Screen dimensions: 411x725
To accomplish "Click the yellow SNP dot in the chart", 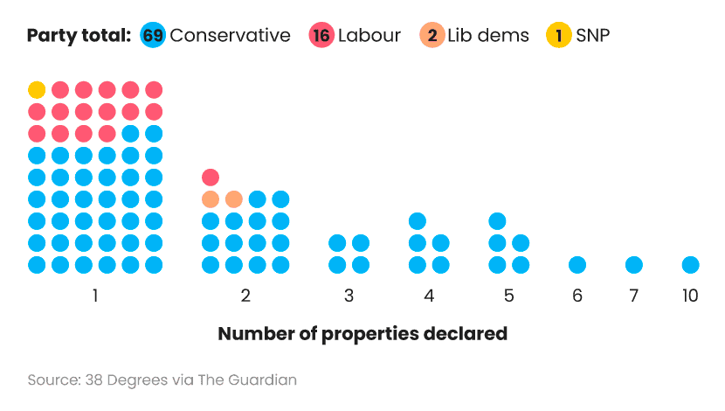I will tap(37, 89).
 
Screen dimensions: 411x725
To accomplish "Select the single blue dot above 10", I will tap(690, 264).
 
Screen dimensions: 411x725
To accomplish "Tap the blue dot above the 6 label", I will tap(577, 264).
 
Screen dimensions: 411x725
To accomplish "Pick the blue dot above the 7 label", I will tap(634, 264).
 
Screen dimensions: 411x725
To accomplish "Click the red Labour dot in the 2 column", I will tap(211, 177).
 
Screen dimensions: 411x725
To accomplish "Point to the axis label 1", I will tap(94, 296).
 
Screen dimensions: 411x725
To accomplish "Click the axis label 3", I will tap(349, 296).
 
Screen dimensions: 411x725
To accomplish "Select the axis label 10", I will tap(690, 296).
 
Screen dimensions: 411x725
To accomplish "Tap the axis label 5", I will tap(508, 296).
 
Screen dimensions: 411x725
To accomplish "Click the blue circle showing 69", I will tap(153, 36).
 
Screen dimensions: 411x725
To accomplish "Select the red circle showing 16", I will tap(321, 36).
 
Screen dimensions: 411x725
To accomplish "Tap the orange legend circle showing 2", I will tap(431, 36).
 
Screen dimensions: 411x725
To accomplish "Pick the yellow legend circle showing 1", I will tap(558, 36).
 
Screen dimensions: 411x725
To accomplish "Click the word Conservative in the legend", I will tap(230, 36).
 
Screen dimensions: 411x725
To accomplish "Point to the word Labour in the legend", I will tap(369, 36).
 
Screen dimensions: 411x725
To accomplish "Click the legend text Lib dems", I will tap(488, 36).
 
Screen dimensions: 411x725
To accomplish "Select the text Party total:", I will tap(79, 36).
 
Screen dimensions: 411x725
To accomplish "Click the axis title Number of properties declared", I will tap(362, 334).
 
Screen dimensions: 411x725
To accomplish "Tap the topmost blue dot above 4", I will tap(418, 220).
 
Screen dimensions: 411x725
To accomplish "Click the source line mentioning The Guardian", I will tap(162, 380).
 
